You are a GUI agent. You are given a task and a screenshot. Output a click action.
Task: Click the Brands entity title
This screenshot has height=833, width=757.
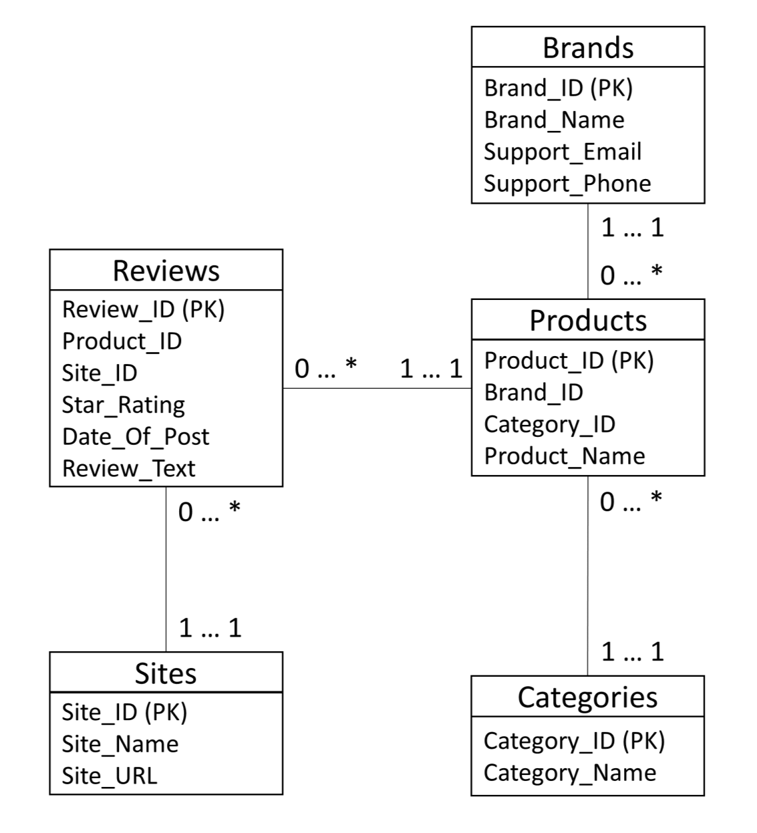(588, 48)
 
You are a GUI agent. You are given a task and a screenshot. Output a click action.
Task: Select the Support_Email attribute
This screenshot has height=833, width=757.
(563, 152)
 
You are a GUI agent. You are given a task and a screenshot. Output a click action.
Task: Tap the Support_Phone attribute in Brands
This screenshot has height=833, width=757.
(567, 184)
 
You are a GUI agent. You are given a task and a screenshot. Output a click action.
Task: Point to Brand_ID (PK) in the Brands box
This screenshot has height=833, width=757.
(558, 88)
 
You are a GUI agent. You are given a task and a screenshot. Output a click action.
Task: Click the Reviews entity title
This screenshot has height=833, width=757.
(166, 271)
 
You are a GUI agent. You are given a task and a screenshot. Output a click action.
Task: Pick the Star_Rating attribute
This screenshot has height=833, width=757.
(124, 405)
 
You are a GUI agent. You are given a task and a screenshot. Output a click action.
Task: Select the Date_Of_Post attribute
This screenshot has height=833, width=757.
(136, 437)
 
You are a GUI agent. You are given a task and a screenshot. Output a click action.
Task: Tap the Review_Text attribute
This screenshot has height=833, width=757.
(129, 469)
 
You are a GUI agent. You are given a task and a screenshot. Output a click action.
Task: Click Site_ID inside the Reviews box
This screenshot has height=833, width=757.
(100, 373)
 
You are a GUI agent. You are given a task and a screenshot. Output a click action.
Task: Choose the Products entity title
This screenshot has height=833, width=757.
(588, 321)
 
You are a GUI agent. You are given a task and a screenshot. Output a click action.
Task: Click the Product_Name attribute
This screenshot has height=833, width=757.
(565, 456)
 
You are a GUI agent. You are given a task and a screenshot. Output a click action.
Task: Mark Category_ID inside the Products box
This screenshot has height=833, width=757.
(549, 424)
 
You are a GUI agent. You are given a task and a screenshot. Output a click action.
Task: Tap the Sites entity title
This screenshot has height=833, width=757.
(166, 673)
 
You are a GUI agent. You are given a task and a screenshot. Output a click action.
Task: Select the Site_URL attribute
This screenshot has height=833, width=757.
(110, 776)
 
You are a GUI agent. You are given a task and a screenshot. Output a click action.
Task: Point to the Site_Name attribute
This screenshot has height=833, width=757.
(120, 744)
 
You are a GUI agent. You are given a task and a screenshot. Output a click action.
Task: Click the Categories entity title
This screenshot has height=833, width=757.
(587, 697)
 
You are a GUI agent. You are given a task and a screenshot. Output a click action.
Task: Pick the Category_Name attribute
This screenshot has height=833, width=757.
(570, 773)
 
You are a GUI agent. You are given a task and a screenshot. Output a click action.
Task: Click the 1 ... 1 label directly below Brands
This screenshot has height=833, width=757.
(632, 228)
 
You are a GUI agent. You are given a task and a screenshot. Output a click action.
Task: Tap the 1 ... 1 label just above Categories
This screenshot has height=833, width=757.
(632, 651)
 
